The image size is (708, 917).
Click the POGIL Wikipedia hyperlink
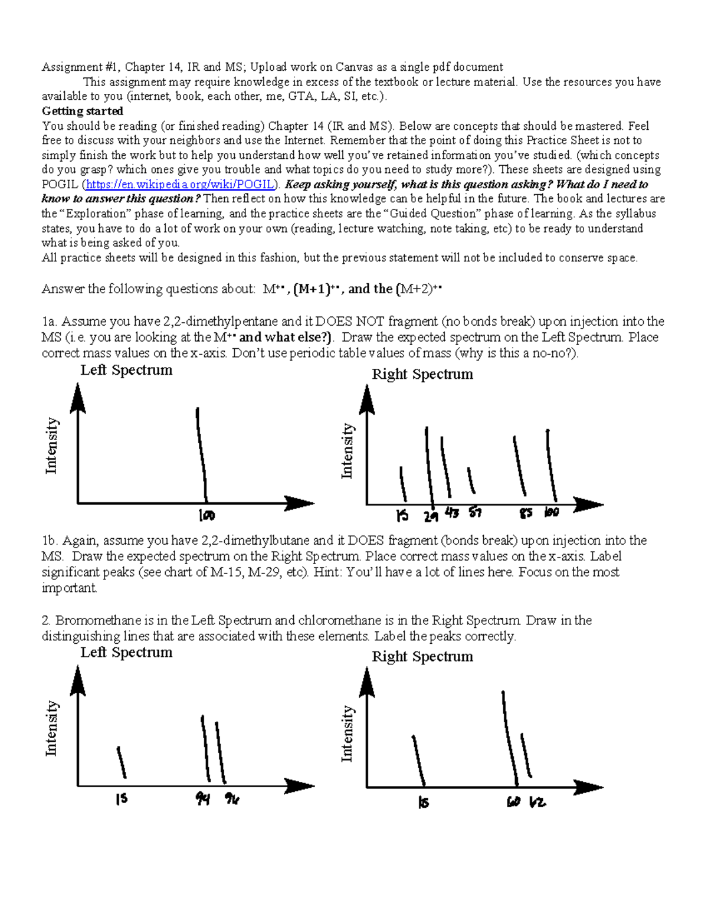180,184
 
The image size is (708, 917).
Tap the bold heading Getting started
82,111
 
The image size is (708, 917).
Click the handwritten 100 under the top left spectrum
206,516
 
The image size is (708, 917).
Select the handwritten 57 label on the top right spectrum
476,513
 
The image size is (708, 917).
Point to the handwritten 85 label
526,513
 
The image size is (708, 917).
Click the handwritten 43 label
452,513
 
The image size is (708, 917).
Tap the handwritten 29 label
431,517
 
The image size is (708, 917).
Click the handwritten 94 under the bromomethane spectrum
203,800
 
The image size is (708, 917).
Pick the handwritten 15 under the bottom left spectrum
122,800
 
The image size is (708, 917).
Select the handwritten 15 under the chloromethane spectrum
423,803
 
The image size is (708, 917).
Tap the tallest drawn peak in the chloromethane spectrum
510,738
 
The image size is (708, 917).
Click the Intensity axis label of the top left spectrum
51,446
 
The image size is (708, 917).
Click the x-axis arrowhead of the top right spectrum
590,505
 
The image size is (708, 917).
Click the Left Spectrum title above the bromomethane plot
126,652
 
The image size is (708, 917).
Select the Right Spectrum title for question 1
422,374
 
